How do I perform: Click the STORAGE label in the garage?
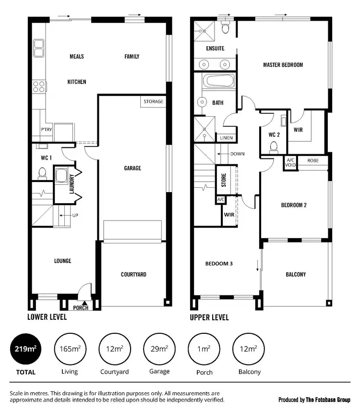[x=154, y=102]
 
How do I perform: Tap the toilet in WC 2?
[x=274, y=146]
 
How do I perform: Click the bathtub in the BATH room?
[x=215, y=82]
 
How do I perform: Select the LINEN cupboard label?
[x=226, y=138]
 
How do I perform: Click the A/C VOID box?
[x=290, y=162]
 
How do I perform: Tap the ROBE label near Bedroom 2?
[x=313, y=160]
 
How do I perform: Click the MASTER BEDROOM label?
[x=283, y=65]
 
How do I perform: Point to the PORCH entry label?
[x=81, y=308]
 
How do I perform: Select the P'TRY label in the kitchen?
[x=46, y=130]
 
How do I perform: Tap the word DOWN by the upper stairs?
[x=237, y=154]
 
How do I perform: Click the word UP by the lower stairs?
[x=75, y=216]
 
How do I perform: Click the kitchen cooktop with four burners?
[x=39, y=86]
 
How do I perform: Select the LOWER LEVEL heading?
[x=47, y=317]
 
